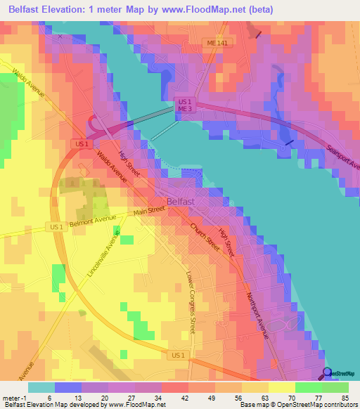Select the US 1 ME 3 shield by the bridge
point(184,105)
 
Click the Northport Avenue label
point(257,316)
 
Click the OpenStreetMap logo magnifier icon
point(326,373)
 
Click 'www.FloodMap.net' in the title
point(213,10)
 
